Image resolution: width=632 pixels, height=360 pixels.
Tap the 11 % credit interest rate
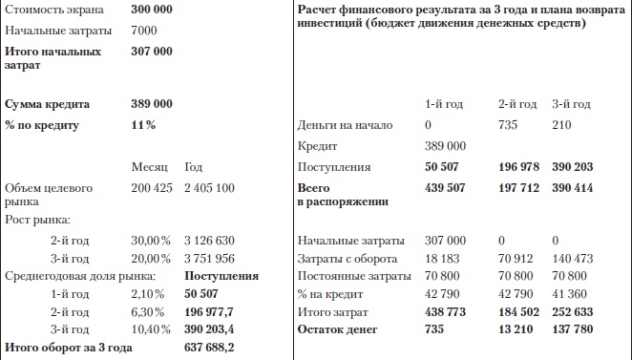(x=143, y=125)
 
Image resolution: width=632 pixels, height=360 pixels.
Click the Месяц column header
(x=149, y=167)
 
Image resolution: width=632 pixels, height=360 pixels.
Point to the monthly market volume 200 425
(x=151, y=187)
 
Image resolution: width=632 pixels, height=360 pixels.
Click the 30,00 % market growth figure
(x=150, y=240)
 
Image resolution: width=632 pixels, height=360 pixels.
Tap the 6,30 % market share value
(x=147, y=312)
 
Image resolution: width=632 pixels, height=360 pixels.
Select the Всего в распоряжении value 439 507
(x=445, y=188)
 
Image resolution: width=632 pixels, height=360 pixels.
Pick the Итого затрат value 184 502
(x=518, y=312)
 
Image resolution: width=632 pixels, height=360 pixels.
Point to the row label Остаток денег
(x=338, y=329)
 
